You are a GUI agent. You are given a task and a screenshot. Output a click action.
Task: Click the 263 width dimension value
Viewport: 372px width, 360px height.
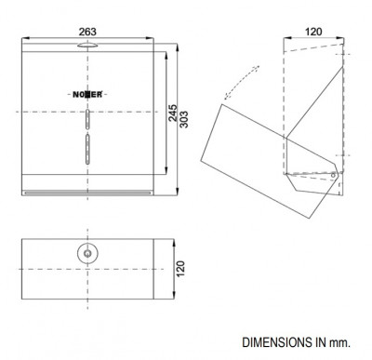point(87,32)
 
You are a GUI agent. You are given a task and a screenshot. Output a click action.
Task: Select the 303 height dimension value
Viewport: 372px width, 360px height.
point(184,119)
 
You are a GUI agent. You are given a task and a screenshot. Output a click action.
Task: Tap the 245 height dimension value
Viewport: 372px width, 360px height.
point(173,113)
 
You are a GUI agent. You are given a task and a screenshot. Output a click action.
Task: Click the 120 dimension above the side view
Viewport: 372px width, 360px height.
point(313,32)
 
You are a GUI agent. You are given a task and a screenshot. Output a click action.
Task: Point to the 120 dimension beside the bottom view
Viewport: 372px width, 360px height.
point(180,269)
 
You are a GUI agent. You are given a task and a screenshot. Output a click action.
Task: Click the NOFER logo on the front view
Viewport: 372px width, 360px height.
point(87,95)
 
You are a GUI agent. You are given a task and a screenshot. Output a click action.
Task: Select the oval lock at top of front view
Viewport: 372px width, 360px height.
point(87,46)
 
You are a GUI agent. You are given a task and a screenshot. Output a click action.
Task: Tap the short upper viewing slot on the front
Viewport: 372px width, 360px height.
point(87,119)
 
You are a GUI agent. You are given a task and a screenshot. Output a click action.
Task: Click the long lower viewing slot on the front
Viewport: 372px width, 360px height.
point(87,149)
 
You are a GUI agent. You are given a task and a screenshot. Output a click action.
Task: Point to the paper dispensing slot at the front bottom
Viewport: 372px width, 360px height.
point(87,193)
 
